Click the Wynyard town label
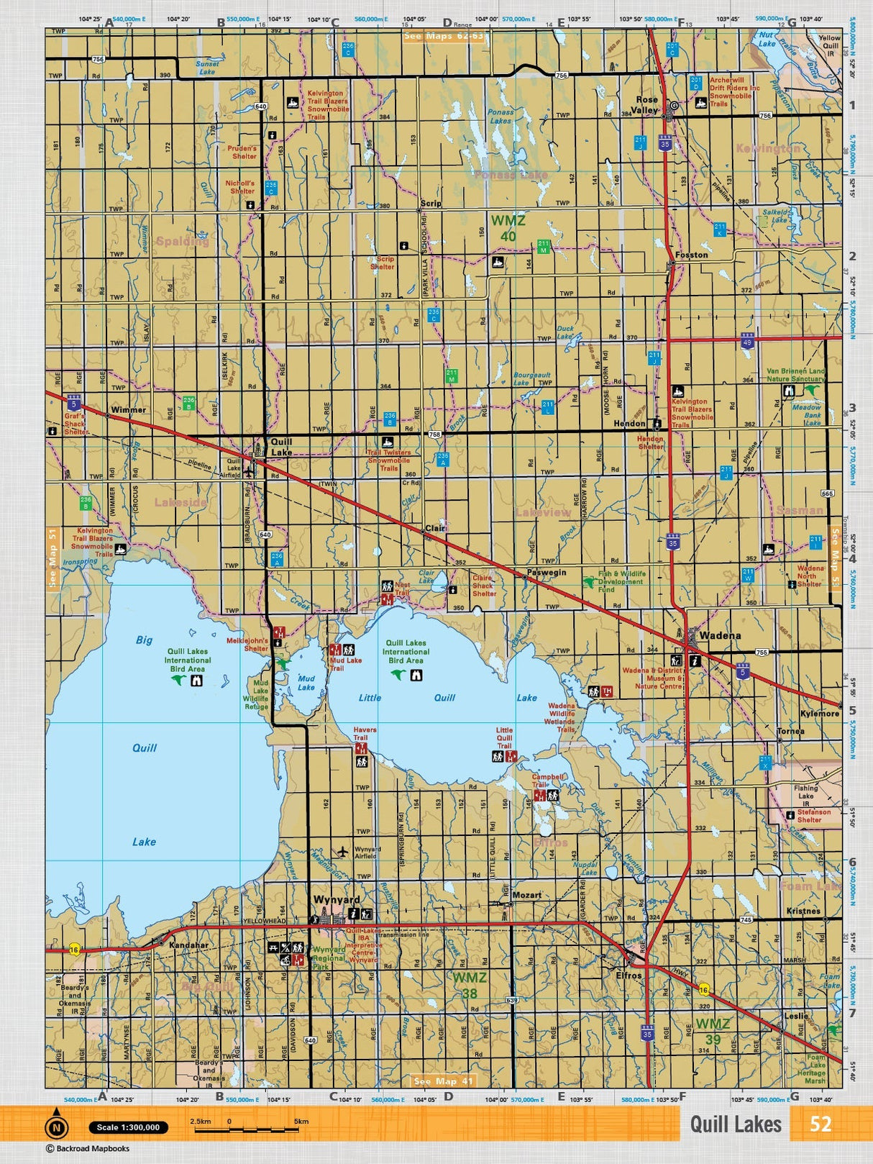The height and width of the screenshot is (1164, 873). pos(336,900)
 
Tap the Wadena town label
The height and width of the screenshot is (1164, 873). pos(720,635)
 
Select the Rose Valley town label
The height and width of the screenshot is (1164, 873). pos(646,105)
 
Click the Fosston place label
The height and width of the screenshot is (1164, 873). pos(691,255)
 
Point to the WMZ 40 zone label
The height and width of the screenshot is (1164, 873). pos(508,228)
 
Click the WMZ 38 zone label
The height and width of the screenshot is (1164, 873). pos(469,986)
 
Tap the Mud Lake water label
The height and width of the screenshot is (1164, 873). pos(306,683)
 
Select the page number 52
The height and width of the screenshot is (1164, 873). pos(820,1124)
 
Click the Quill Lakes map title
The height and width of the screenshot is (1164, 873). pos(735,1124)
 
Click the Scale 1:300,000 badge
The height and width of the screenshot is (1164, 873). pos(128,1127)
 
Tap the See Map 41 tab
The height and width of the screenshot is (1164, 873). pos(444,1081)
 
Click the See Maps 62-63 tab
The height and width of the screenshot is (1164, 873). pos(444,36)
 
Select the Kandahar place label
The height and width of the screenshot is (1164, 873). pos(188,945)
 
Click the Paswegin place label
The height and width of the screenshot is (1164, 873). pos(546,573)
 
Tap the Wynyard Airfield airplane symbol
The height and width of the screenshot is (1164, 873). pos(342,852)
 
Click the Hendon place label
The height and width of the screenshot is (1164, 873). pos(629,424)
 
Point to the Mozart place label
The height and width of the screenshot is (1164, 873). pos(526,895)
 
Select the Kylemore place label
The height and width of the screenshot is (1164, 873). pos(819,714)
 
